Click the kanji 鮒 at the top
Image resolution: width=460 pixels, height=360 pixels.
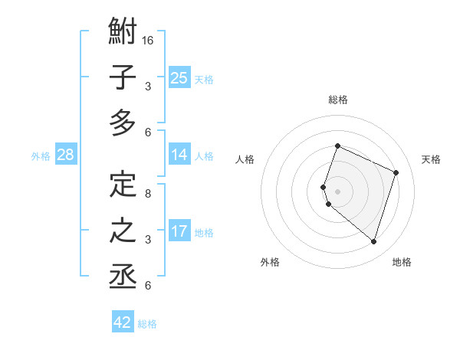click(x=123, y=32)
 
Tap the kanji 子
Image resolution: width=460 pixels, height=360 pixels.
click(x=123, y=78)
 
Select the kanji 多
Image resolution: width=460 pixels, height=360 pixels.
click(x=123, y=123)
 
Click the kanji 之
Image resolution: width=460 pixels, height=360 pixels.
click(x=123, y=231)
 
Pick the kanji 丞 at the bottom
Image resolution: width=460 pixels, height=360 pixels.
click(x=123, y=276)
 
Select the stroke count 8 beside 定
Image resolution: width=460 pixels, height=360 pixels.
click(x=148, y=194)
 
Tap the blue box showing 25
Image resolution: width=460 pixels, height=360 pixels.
click(x=179, y=77)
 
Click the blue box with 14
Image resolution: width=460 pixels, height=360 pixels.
click(x=179, y=155)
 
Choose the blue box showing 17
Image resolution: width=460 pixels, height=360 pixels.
click(x=179, y=231)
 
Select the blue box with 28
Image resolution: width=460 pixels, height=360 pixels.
click(x=66, y=155)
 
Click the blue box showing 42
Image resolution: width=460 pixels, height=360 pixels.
click(x=123, y=322)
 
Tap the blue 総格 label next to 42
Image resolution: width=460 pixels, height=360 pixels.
click(x=147, y=324)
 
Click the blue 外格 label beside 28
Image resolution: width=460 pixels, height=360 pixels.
click(x=41, y=156)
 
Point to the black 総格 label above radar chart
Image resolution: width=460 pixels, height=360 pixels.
click(x=337, y=100)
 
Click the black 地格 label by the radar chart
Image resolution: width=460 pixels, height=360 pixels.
click(x=402, y=262)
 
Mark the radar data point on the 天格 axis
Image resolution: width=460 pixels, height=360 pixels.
click(x=396, y=172)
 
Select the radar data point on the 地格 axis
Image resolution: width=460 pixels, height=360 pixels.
click(x=373, y=242)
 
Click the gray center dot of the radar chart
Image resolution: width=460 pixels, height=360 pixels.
click(x=337, y=191)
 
